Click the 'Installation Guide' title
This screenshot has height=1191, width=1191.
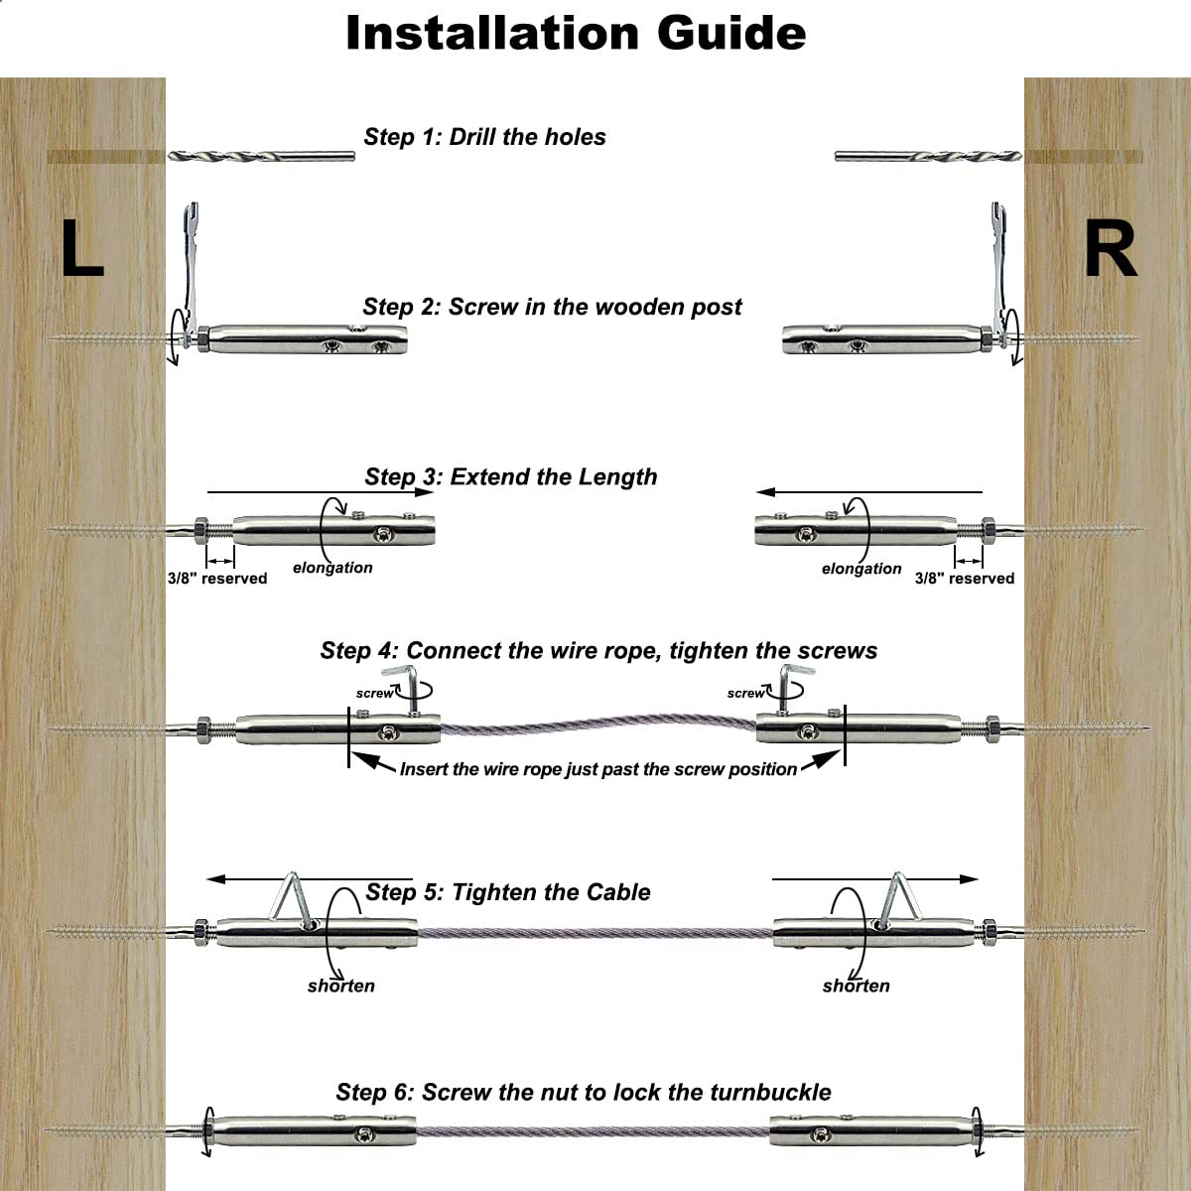pos(576,34)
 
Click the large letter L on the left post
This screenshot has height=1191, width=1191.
pos(81,250)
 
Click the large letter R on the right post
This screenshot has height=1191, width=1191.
pos(1110,250)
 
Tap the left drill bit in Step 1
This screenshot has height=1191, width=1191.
pos(261,156)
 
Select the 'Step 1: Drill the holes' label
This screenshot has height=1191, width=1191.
pos(484,137)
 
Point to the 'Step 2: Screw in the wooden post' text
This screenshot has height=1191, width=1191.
pos(552,307)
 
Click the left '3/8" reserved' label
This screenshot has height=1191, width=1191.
pos(216,579)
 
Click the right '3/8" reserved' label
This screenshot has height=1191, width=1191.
pos(964,579)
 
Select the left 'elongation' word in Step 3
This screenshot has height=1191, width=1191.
pos(332,568)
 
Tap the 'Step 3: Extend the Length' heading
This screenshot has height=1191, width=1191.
pos(510,476)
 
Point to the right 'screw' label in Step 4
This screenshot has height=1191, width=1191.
pos(745,693)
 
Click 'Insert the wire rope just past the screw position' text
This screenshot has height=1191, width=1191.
pos(597,769)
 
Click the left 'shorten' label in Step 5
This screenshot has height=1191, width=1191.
pos(340,986)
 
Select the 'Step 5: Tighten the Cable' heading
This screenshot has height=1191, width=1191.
pos(507,892)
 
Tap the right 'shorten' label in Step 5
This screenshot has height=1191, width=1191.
pos(856,986)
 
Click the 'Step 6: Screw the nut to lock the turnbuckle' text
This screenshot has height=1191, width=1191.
pos(584,1093)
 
